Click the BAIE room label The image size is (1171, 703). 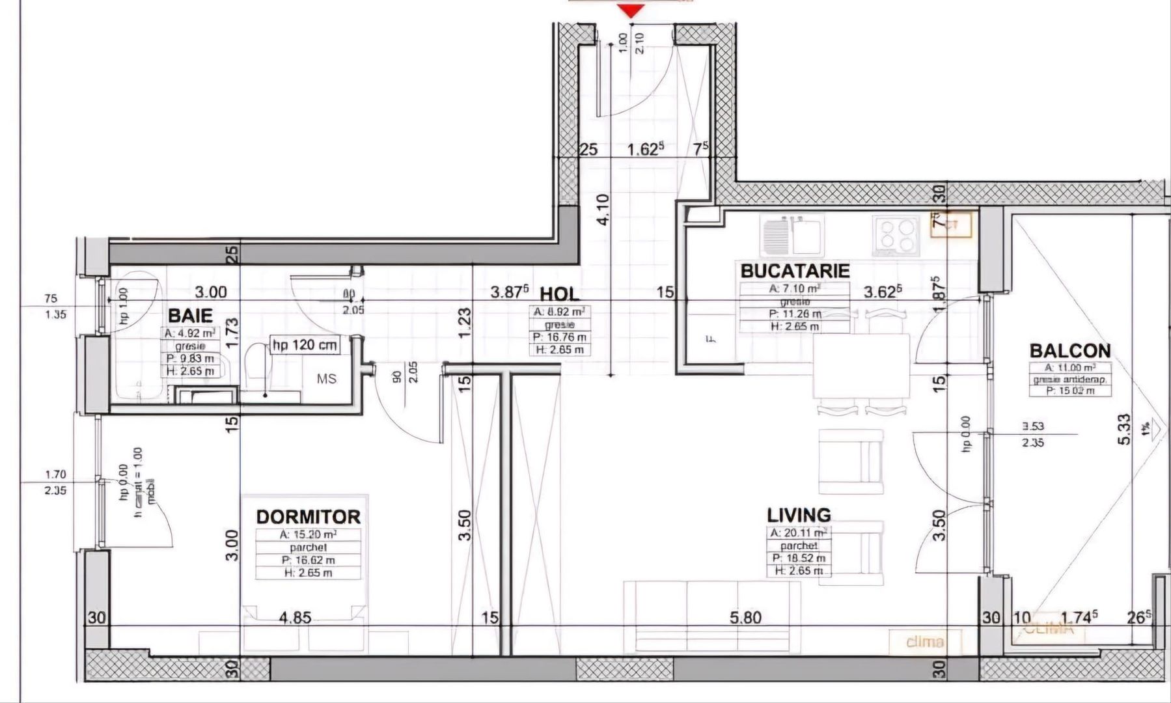[x=190, y=316]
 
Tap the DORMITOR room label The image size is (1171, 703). [x=308, y=517]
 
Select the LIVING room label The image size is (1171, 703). [x=799, y=515]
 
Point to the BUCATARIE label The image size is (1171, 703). [x=795, y=270]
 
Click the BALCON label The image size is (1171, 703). [x=1069, y=351]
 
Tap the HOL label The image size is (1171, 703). [x=559, y=294]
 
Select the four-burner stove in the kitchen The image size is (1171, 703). [x=896, y=236]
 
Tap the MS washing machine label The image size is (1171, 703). [x=327, y=378]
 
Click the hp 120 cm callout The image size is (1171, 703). [x=305, y=345]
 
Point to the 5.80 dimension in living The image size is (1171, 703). [x=745, y=616]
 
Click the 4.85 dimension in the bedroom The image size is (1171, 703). [x=295, y=617]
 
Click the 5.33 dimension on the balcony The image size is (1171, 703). [x=1124, y=430]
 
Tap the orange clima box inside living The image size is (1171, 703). [x=925, y=642]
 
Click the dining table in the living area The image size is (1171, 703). [x=861, y=365]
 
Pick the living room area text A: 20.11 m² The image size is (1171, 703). [x=799, y=532]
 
